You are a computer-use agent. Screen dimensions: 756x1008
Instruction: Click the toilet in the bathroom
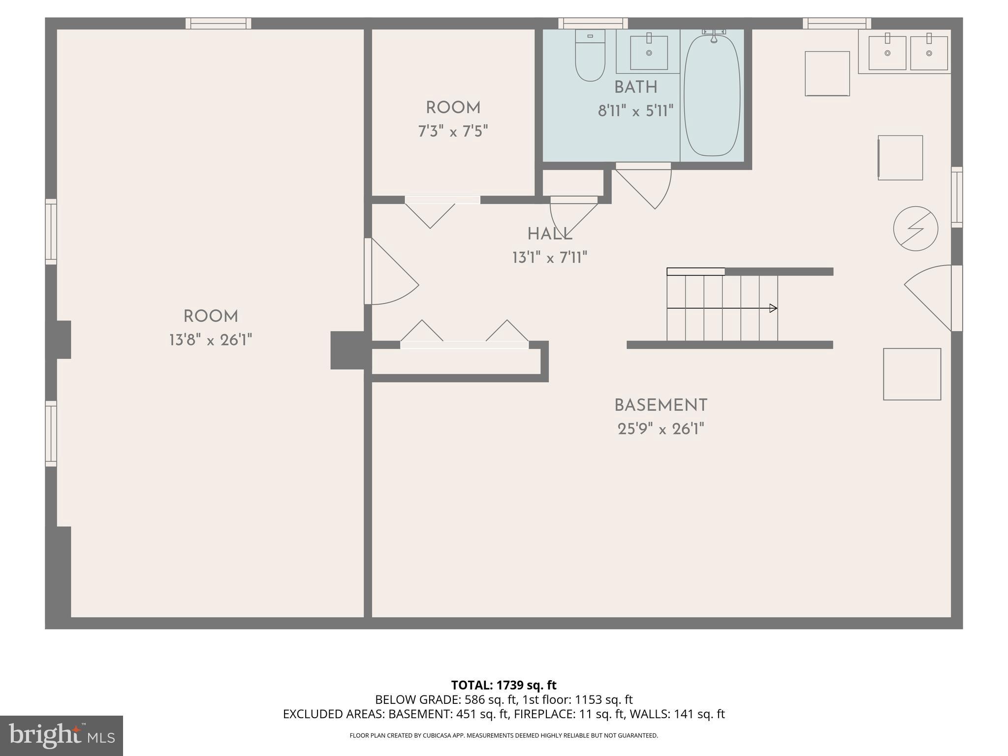[590, 56]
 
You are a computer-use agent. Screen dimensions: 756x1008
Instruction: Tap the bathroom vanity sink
[649, 52]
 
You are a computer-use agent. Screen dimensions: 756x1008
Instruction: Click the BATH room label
[635, 88]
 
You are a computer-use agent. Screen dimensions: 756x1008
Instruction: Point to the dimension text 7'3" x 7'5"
[453, 131]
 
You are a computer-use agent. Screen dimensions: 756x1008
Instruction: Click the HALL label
[550, 234]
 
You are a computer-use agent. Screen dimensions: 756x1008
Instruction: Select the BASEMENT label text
[661, 406]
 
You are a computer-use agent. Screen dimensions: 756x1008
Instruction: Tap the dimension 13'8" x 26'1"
[211, 340]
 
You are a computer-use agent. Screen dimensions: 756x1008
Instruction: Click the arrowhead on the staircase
[773, 308]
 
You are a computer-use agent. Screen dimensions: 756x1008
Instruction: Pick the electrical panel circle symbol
[915, 228]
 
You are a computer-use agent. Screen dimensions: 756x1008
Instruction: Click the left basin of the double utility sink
[887, 53]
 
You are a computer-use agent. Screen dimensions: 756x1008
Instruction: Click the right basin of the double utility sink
[929, 53]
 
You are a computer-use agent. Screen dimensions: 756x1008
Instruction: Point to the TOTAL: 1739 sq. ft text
[504, 685]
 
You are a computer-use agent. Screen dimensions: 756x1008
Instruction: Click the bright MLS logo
[62, 735]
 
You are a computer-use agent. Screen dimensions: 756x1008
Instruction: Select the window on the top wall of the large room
[219, 23]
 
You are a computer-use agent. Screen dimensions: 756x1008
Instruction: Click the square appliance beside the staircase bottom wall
[912, 374]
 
